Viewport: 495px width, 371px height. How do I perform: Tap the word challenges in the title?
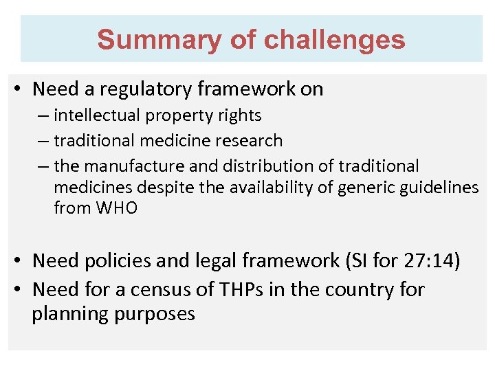335,40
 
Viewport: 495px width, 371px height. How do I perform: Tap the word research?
249,141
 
